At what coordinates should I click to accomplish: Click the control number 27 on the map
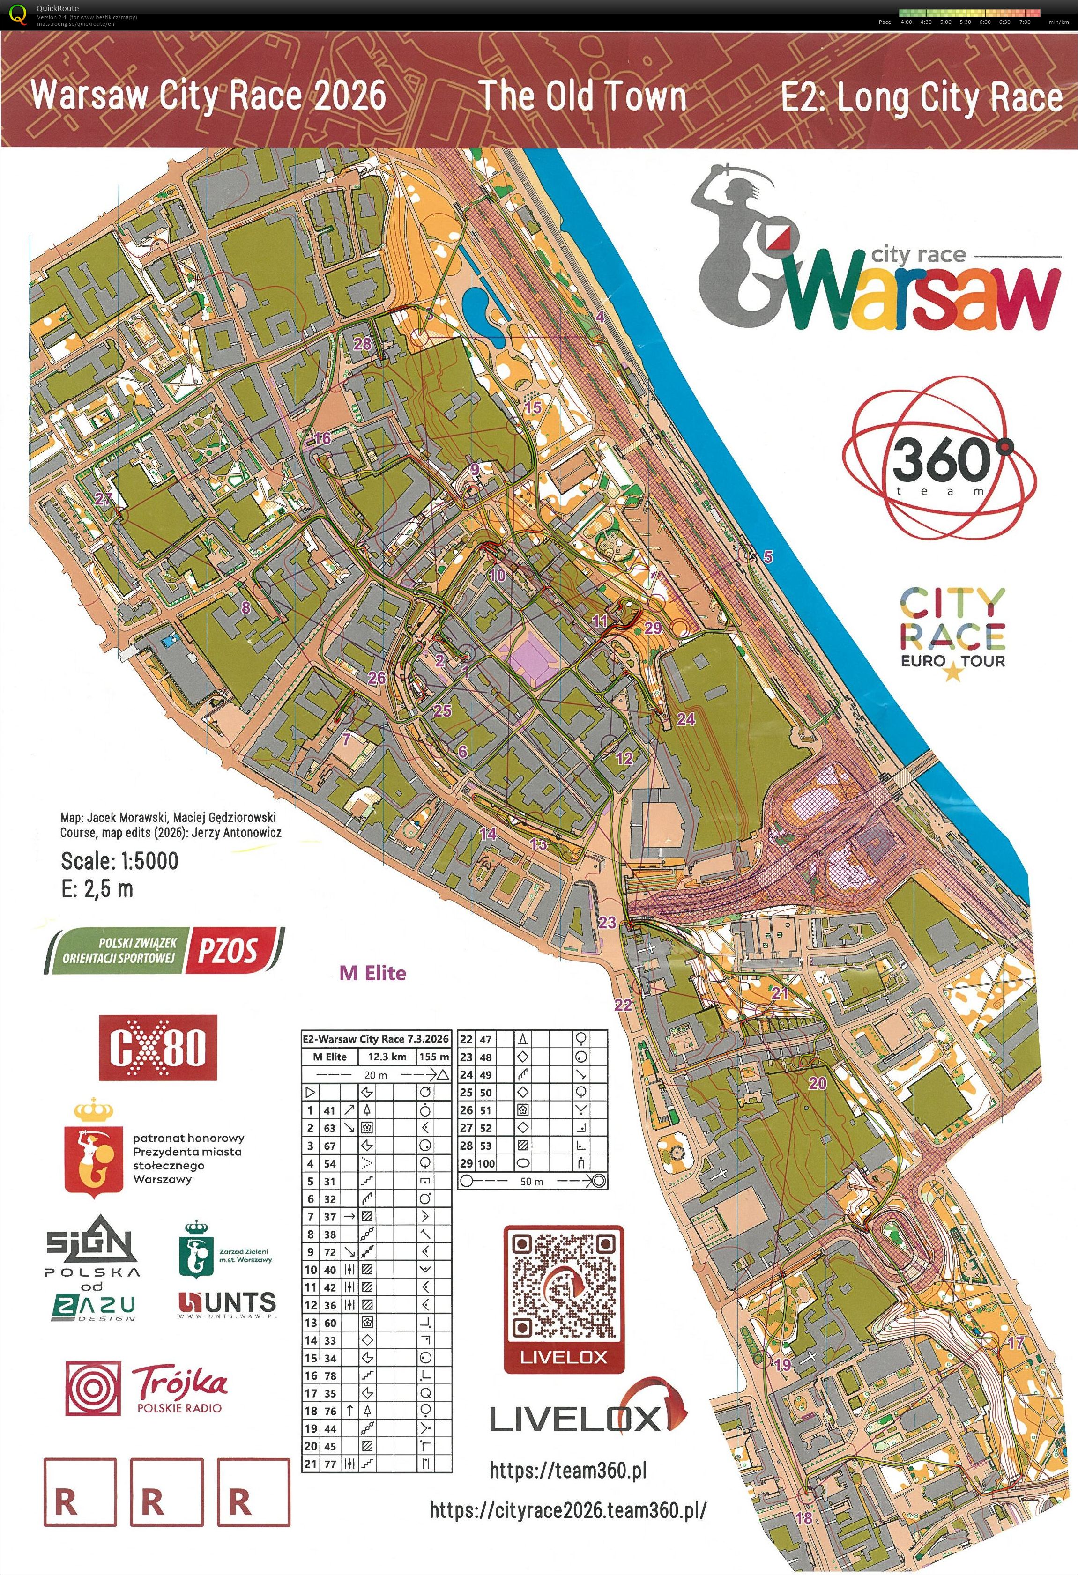103,499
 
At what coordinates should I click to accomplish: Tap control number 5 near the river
767,557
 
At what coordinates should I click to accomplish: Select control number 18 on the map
803,1518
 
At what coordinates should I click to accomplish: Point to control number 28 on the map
362,344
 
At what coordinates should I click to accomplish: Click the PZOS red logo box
227,950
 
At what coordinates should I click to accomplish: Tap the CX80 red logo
158,1048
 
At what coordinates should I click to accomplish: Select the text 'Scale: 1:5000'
119,861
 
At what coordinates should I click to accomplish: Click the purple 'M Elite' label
372,973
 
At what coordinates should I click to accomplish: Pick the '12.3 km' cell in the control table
387,1057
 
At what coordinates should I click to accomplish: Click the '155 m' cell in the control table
434,1057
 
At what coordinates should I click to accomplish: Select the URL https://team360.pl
567,1470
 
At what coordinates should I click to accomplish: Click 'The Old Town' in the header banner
582,96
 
